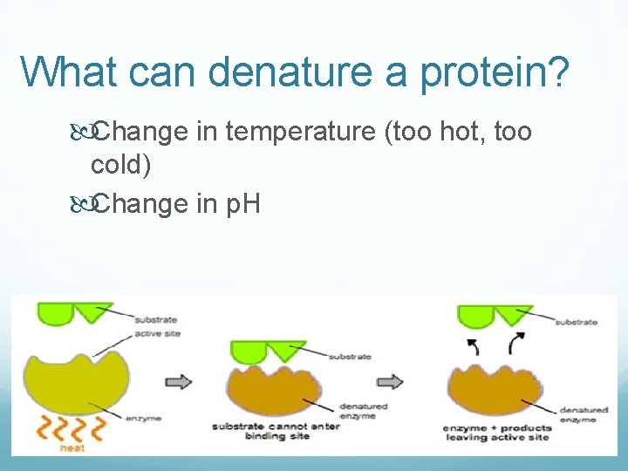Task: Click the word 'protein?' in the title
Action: pyautogui.click(x=495, y=72)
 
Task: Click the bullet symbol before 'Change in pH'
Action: pyautogui.click(x=80, y=203)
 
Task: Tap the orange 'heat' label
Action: pyautogui.click(x=72, y=448)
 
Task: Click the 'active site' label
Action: pyautogui.click(x=157, y=335)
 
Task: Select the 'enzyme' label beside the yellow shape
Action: pyautogui.click(x=144, y=419)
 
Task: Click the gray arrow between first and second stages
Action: pyautogui.click(x=178, y=382)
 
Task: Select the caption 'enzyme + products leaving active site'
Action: pyautogui.click(x=496, y=433)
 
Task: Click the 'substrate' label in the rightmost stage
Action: pyautogui.click(x=576, y=322)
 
